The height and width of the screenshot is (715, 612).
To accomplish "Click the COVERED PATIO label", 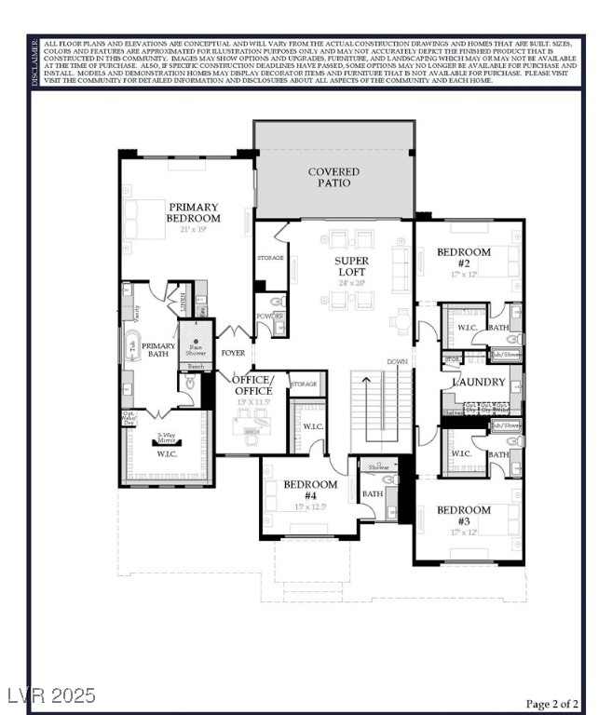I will tap(333, 177).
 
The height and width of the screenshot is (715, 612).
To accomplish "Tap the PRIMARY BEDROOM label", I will tap(193, 212).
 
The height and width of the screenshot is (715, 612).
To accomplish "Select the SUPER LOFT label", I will tap(352, 266).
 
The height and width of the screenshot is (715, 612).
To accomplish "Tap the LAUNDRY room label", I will tap(478, 383).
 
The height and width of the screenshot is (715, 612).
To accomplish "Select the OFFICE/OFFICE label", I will tap(253, 385).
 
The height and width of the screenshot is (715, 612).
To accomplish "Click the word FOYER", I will tap(233, 354).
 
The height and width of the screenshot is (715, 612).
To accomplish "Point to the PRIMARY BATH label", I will tap(158, 349).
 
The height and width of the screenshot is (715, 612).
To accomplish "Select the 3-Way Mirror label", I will tap(168, 438).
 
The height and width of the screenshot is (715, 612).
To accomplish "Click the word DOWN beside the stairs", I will tap(398, 361).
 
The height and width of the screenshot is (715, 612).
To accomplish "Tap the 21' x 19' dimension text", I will tap(194, 229).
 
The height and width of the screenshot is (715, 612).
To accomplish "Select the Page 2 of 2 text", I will tap(551, 703).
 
